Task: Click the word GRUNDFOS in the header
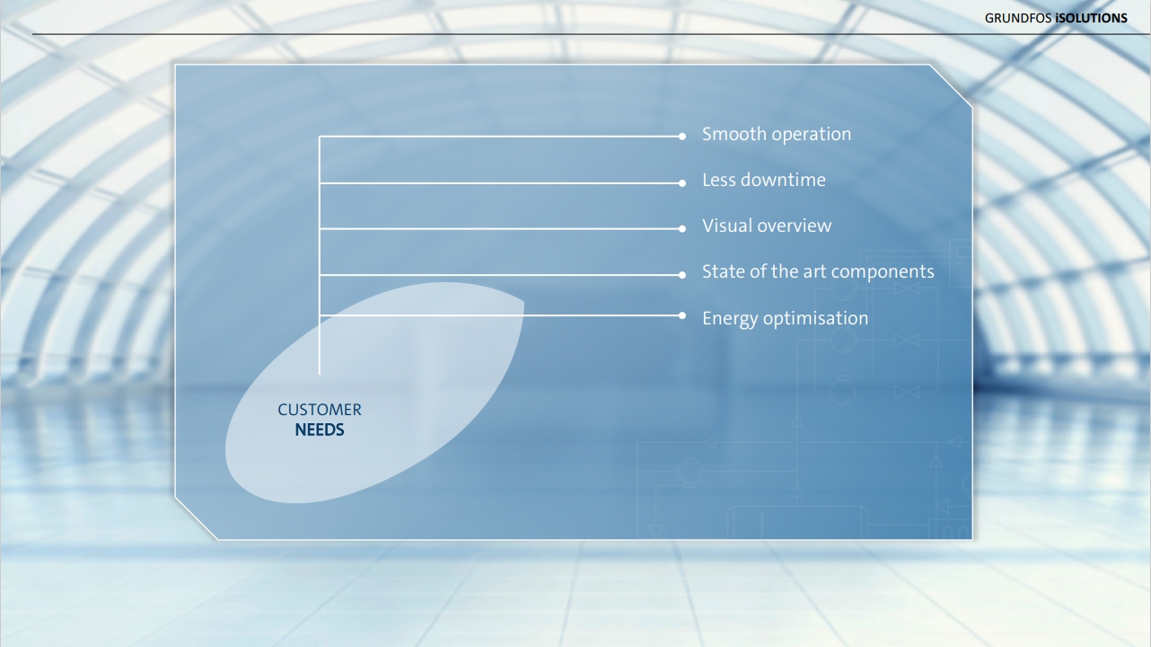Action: [x=1018, y=18]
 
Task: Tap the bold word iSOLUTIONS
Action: [x=1092, y=18]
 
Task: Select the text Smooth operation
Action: [x=777, y=134]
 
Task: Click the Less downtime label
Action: [x=763, y=180]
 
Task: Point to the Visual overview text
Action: [x=766, y=226]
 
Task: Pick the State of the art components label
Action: [x=818, y=272]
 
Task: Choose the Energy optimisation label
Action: [x=786, y=318]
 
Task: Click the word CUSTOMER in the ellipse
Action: [x=320, y=410]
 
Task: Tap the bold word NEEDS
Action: [x=320, y=430]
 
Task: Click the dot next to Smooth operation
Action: [x=681, y=137]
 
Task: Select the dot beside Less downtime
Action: [x=681, y=183]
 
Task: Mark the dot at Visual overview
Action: [x=681, y=229]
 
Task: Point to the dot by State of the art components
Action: [x=681, y=275]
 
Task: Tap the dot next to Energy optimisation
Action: [x=681, y=315]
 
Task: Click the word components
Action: [x=883, y=272]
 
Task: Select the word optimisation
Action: [x=815, y=319]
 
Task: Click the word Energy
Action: [x=730, y=319]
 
